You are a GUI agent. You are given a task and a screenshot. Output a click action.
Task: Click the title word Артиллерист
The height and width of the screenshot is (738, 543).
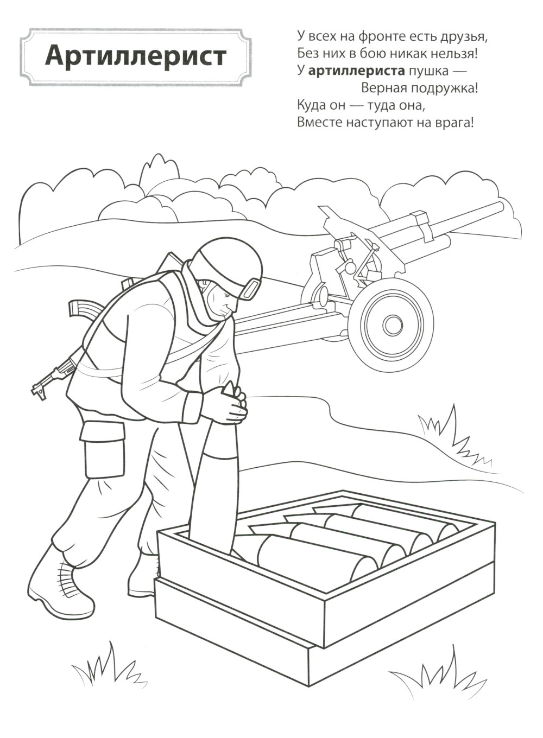pyautogui.click(x=136, y=56)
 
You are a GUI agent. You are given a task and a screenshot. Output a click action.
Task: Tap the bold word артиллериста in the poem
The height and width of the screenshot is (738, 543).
pyautogui.click(x=356, y=71)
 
